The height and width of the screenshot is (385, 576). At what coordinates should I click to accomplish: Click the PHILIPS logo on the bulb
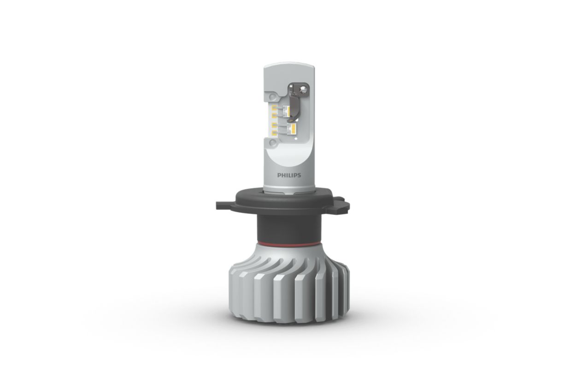click(x=289, y=175)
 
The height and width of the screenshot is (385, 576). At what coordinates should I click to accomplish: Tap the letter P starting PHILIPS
click(x=279, y=175)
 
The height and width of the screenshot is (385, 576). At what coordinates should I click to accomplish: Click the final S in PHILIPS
click(x=299, y=175)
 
